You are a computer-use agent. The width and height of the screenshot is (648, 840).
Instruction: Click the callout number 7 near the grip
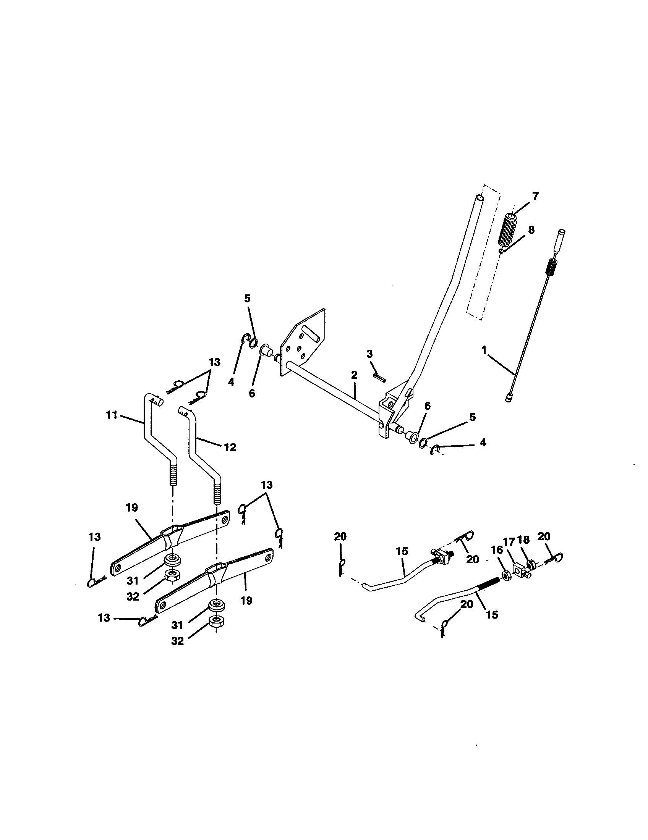pos(535,196)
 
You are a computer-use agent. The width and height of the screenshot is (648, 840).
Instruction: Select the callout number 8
pos(531,230)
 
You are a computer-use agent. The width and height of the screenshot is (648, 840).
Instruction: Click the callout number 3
pos(369,354)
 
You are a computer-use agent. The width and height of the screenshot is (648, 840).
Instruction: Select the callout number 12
pos(230,447)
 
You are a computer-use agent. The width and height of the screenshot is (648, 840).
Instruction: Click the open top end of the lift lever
pos(478,198)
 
